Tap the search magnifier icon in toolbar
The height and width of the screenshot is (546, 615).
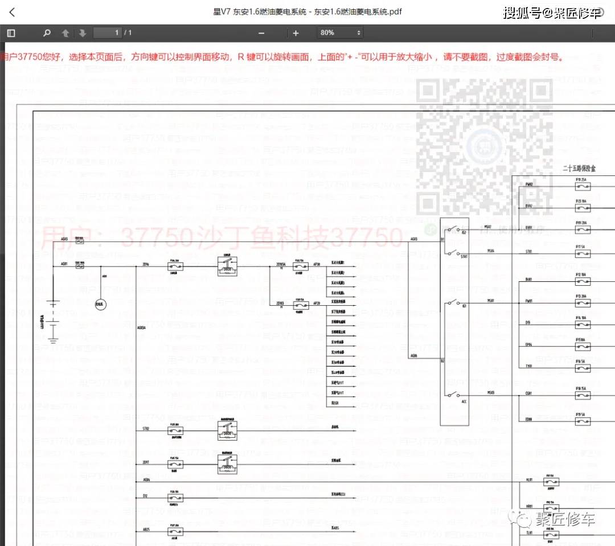[x=47, y=33]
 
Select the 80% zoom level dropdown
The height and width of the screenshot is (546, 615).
[x=341, y=33]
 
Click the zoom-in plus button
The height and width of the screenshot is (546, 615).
[x=296, y=33]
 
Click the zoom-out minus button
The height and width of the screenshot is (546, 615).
[x=261, y=33]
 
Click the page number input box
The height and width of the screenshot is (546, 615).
[x=108, y=33]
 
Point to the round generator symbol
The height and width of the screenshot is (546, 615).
[x=101, y=305]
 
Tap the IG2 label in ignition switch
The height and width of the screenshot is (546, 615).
[x=464, y=233]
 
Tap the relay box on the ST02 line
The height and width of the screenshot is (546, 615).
[x=227, y=431]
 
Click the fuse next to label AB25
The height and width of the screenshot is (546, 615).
[x=175, y=531]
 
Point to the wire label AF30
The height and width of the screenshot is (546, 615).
[x=316, y=265]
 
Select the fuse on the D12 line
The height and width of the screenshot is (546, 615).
[x=175, y=497]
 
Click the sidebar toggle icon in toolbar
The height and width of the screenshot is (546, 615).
[x=11, y=33]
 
